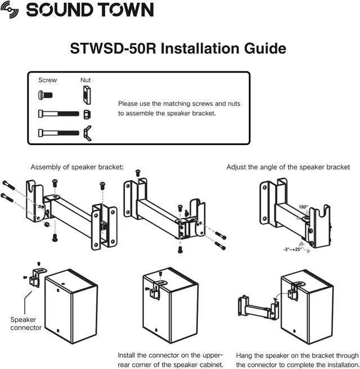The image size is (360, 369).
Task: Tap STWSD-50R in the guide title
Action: pos(113,48)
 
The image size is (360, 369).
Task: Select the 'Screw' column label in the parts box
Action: pos(47,80)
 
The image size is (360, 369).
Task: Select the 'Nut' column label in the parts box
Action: pos(85,80)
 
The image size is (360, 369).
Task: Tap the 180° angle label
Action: pos(303,207)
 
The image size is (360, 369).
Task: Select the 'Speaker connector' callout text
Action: pos(26,323)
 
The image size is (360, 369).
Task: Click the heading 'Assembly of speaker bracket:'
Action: pos(76,167)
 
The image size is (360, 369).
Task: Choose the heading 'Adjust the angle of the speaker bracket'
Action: pos(288,167)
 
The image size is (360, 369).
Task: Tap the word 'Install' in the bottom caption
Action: pos(127,355)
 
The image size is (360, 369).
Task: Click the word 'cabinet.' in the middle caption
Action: pos(209,365)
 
